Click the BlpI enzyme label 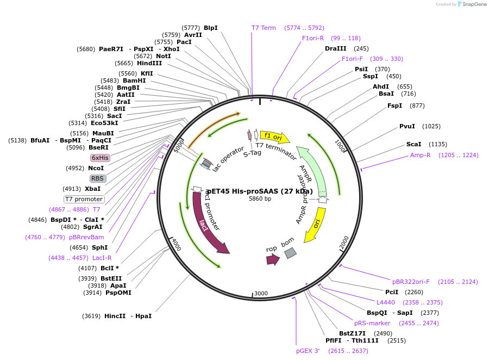tap(210, 28)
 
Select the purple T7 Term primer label tap(264, 28)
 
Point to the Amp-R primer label tap(421, 155)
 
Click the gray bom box tap(291, 253)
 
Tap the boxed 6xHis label tap(100, 158)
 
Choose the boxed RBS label tap(98, 178)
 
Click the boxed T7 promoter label tap(84, 199)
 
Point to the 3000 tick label tap(261, 294)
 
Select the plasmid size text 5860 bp tap(260, 199)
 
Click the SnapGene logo tap(472, 4)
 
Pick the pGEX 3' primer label tap(308, 351)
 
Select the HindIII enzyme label tap(149, 63)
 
